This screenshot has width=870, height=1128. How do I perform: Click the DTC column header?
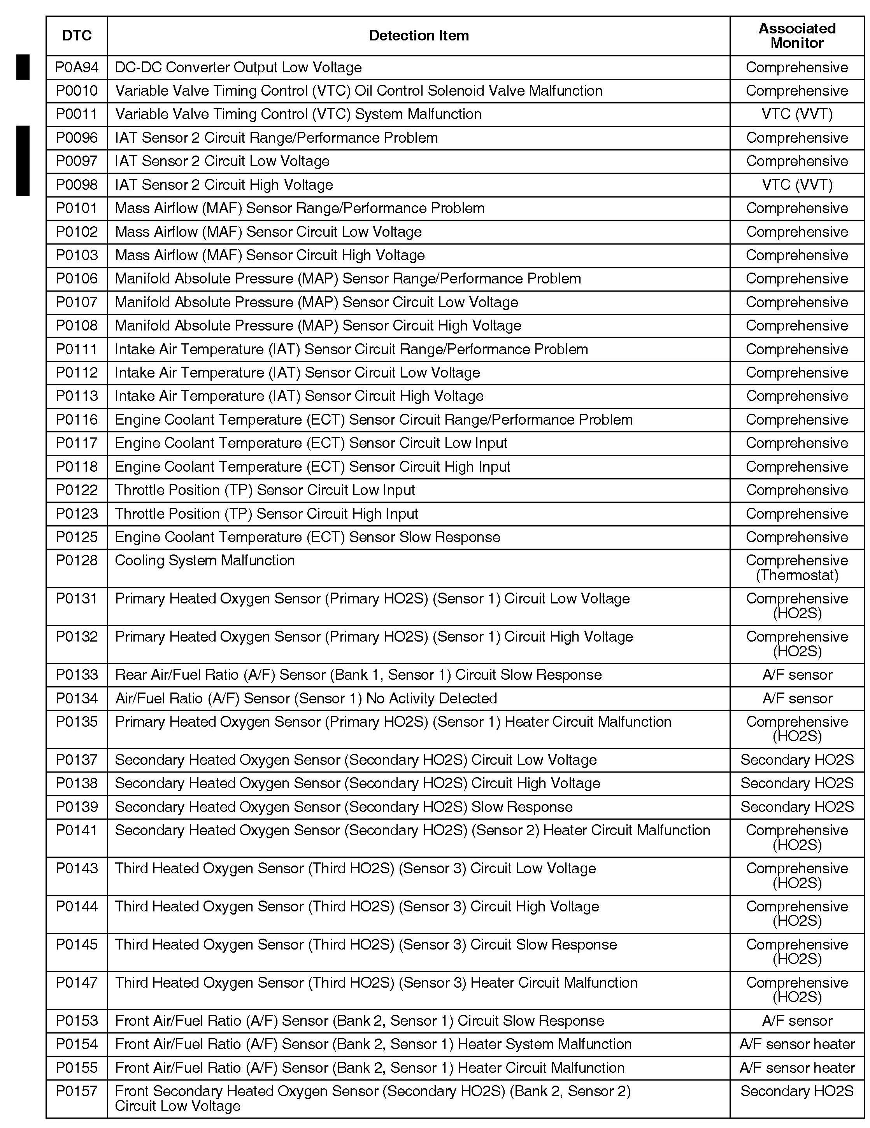pos(77,36)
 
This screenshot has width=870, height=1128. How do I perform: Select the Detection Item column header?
pos(419,36)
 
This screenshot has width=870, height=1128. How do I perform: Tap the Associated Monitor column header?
pos(796,36)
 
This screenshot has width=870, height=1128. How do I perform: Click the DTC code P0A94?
pos(77,68)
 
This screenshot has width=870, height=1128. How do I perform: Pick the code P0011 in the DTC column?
pos(77,114)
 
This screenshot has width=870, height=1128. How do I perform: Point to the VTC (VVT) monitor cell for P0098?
pos(796,185)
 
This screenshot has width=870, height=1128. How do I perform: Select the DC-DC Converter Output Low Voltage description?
pos(238,68)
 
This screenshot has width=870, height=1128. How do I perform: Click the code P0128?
pos(77,560)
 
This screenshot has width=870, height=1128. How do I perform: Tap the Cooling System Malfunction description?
pos(205,560)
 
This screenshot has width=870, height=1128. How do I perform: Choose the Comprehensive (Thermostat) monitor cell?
pos(796,568)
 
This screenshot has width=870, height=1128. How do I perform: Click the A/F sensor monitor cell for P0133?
pos(796,675)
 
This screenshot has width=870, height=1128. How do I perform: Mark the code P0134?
pos(77,698)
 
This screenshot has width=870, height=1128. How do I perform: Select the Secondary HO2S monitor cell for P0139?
pos(796,807)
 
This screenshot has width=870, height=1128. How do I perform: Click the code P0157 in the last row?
pos(77,1091)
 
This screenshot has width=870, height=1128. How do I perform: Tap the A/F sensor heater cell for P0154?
pos(796,1044)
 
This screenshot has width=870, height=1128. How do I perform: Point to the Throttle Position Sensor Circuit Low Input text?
pos(265,490)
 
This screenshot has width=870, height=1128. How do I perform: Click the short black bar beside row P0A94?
pos(23,67)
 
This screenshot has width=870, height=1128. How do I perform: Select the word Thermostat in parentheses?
pos(796,575)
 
